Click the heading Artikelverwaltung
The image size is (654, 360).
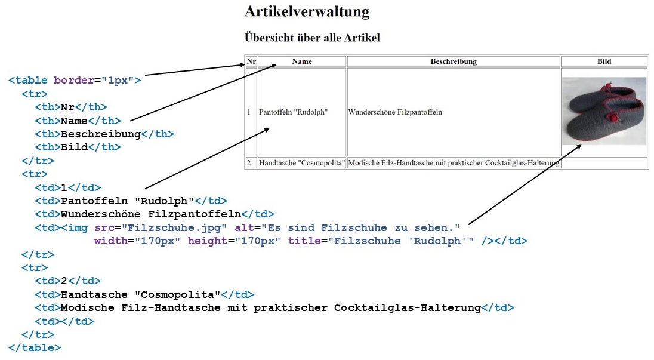click(307, 12)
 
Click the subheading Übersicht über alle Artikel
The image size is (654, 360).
click(312, 38)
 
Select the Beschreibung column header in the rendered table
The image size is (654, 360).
click(454, 61)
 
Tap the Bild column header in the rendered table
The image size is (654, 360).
click(604, 61)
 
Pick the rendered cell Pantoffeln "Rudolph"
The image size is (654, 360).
click(294, 112)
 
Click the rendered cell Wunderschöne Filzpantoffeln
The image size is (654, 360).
click(395, 112)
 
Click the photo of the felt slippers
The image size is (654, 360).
click(604, 111)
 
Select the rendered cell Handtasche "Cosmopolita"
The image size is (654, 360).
click(301, 163)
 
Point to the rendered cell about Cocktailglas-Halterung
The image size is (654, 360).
click(454, 163)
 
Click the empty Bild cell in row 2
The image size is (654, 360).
click(604, 163)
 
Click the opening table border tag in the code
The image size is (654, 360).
click(75, 80)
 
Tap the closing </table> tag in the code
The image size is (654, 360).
click(35, 347)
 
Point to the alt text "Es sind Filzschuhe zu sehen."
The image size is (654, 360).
click(361, 228)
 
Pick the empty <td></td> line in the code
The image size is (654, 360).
click(64, 321)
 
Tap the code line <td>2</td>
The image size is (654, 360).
click(67, 281)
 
